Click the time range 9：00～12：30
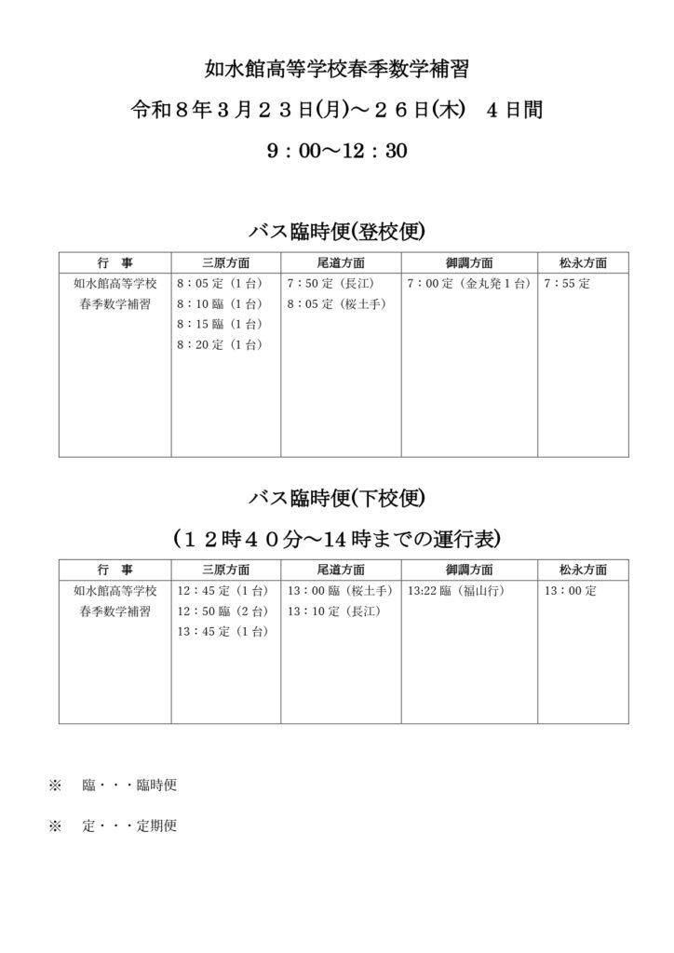coord(336,151)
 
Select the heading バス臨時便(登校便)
coord(337,230)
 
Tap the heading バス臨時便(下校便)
coord(337,499)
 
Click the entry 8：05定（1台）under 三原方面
coord(220,284)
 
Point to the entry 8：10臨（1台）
coord(220,304)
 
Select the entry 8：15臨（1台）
coord(220,325)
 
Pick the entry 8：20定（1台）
coord(220,345)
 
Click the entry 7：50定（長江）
coord(330,284)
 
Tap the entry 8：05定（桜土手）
coord(337,304)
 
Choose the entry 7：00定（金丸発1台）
coord(468,284)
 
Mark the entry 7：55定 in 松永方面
coord(568,284)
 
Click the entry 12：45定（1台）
coord(222,591)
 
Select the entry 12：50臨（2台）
coord(222,611)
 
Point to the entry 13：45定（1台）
coord(222,632)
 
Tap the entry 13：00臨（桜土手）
coord(341,591)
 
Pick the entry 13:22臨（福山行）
coord(456,591)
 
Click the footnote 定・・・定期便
coord(129,825)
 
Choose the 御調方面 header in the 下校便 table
coord(469,569)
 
